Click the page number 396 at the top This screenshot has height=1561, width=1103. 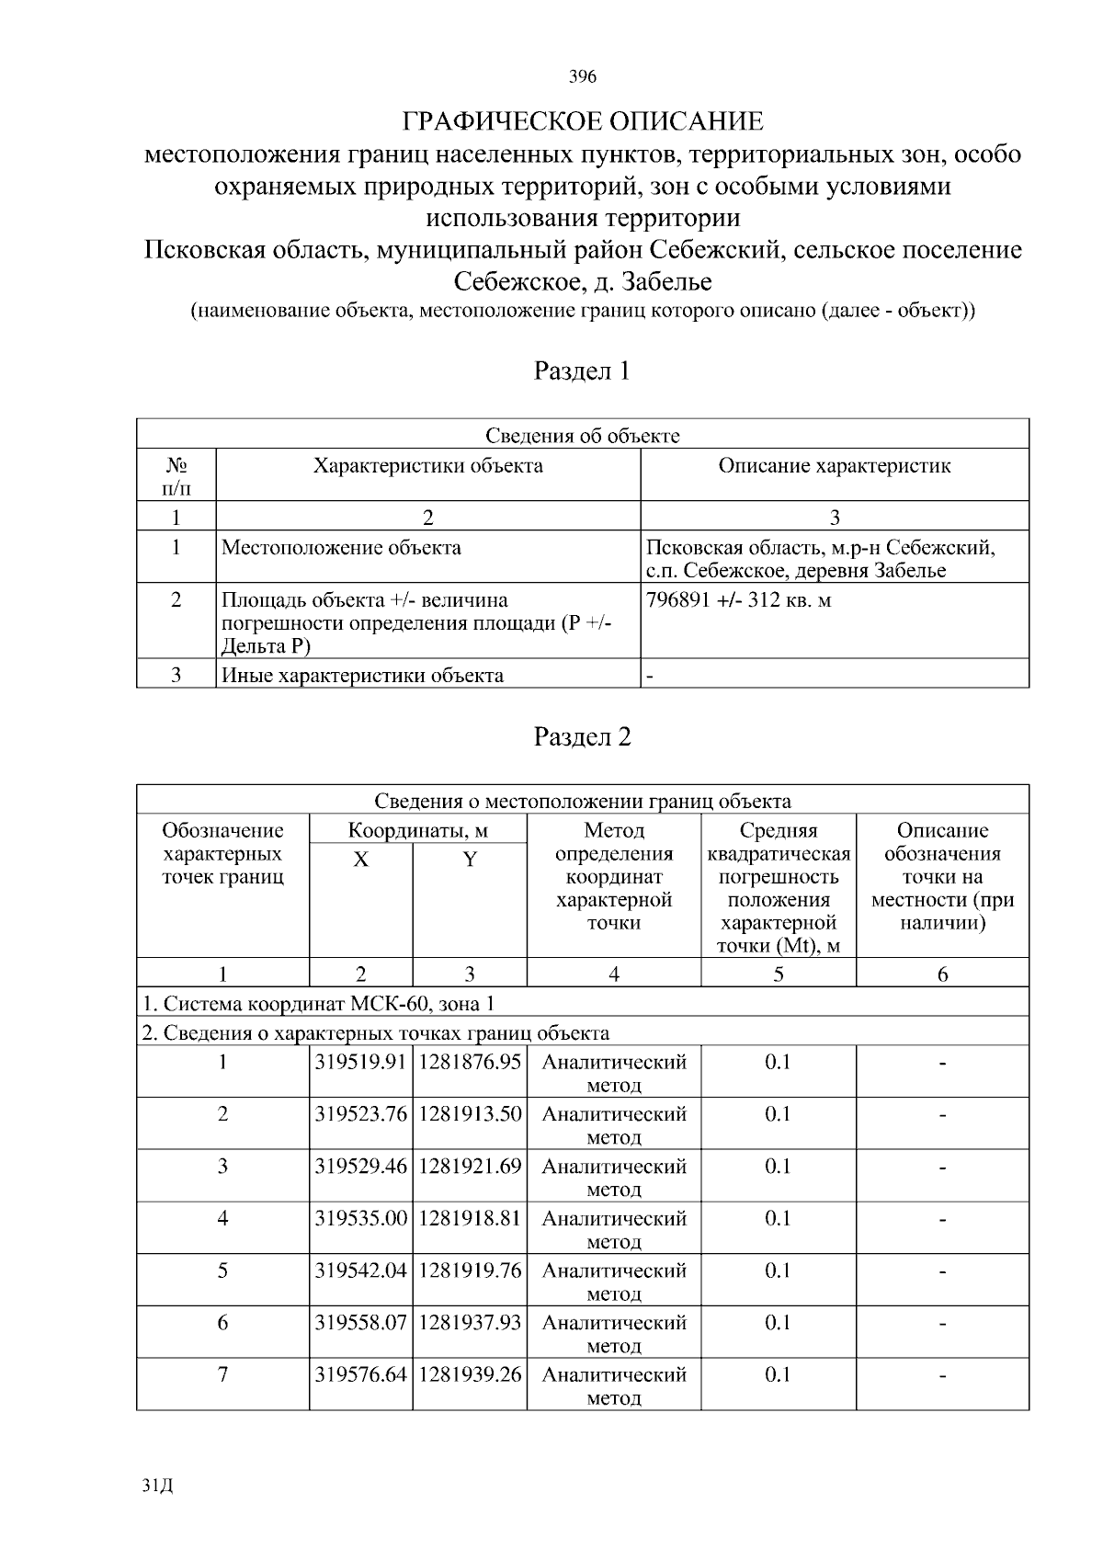[x=583, y=76]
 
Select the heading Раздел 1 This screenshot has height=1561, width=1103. [x=583, y=370]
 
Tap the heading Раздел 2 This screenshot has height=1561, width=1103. [x=583, y=736]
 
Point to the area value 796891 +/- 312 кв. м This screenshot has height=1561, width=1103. [x=738, y=600]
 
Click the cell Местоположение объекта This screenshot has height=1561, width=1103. [x=342, y=548]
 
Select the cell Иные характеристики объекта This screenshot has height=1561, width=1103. [x=363, y=676]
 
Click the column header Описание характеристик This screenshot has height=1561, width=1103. [x=834, y=465]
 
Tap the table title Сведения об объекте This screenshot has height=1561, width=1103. [x=583, y=435]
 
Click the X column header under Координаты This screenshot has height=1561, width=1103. [x=361, y=860]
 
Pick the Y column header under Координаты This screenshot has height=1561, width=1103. [x=470, y=860]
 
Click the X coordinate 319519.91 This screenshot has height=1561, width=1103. [x=360, y=1062]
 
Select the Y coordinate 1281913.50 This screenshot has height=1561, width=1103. [x=470, y=1114]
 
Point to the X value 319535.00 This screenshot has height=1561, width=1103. [x=360, y=1218]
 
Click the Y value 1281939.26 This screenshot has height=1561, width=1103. [x=470, y=1374]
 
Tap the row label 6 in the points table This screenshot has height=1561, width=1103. [x=222, y=1323]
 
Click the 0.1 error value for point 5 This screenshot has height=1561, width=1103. [x=778, y=1270]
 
